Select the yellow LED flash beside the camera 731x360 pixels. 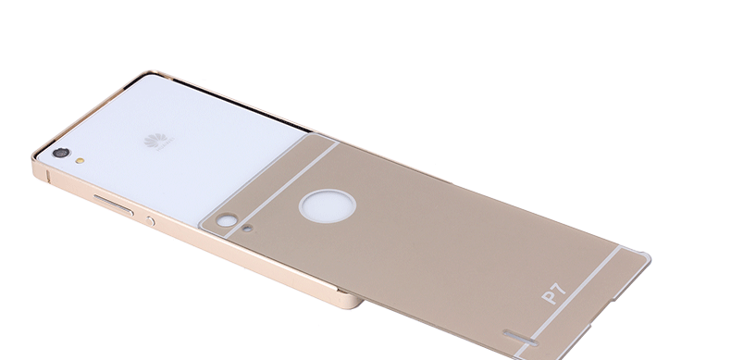[81, 159]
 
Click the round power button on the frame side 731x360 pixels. [151, 220]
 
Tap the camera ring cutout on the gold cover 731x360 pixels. [225, 221]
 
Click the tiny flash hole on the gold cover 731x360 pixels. [248, 225]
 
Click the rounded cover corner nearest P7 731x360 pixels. [644, 257]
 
